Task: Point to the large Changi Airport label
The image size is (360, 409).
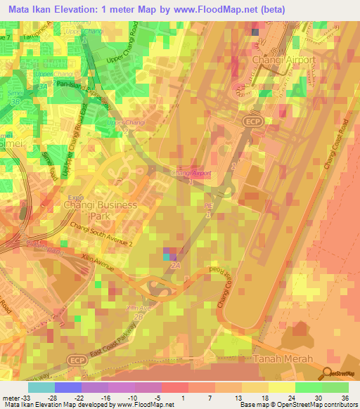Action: click(x=282, y=61)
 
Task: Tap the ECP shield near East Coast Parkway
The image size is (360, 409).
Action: click(x=76, y=358)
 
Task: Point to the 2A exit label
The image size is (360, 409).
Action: click(x=176, y=266)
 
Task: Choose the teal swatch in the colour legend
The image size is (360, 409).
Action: click(x=41, y=387)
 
